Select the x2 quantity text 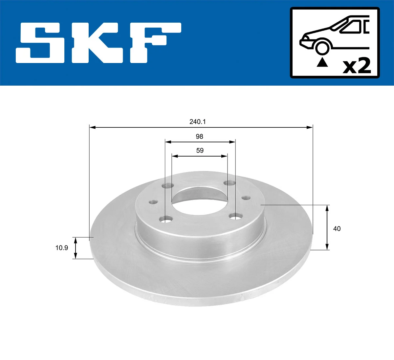coord(357,66)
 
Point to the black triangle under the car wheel coord(322,62)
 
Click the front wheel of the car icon coord(322,47)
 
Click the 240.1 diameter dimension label coord(197,122)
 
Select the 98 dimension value coord(199,137)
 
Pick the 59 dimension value coord(200,151)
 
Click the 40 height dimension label coord(337,229)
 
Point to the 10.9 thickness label coord(61,248)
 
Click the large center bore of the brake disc coord(199,201)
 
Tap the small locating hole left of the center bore coord(153,202)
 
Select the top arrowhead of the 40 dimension coord(327,208)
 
